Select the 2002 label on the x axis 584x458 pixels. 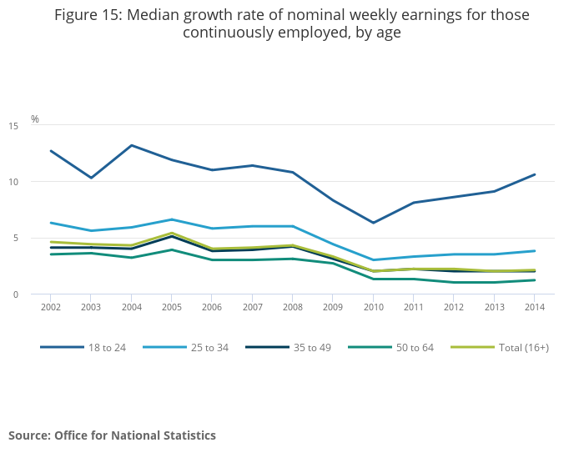[51, 306]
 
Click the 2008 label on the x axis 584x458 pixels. [292, 306]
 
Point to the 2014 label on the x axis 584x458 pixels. [534, 306]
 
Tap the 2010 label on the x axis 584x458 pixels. [373, 306]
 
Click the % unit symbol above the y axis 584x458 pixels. [35, 119]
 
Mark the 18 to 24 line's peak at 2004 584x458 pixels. [131, 145]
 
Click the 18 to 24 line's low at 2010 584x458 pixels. [373, 223]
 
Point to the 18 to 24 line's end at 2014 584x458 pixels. [534, 174]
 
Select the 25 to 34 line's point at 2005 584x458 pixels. [171, 219]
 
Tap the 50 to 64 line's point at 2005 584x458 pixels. [171, 249]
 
